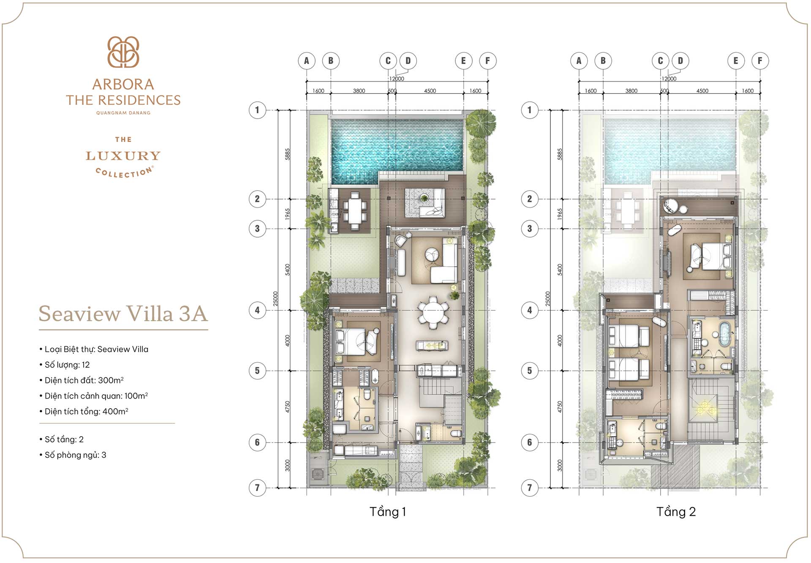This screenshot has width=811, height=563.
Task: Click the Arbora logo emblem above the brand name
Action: [x=123, y=52]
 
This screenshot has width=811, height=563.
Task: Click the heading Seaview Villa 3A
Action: [x=123, y=314]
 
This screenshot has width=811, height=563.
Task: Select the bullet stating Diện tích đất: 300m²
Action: [x=84, y=380]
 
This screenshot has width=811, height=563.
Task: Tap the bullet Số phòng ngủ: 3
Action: [x=75, y=455]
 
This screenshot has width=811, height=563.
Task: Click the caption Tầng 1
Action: [x=387, y=512]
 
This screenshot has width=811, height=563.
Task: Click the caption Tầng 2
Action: [x=675, y=512]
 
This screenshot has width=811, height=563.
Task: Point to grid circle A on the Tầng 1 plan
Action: [x=307, y=61]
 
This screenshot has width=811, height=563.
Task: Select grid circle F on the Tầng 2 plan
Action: [x=760, y=61]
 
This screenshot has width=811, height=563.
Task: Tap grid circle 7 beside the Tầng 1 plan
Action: [x=257, y=488]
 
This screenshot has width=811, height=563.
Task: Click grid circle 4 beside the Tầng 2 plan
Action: [x=530, y=310]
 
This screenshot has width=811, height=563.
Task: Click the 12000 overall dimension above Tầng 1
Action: [x=397, y=79]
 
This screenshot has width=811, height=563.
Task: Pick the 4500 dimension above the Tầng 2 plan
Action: [x=702, y=91]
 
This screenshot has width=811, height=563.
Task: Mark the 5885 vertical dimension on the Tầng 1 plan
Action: [x=288, y=154]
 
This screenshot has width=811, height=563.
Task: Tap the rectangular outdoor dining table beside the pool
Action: [x=355, y=209]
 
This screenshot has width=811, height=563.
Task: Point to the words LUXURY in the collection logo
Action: [x=123, y=156]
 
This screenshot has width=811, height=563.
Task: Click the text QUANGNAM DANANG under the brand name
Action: [x=123, y=113]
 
